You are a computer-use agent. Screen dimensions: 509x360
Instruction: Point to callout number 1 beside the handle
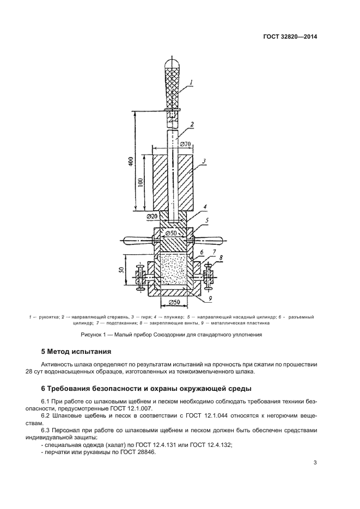[x=192, y=82]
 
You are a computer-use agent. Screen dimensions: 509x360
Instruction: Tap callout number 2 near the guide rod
[x=192, y=125]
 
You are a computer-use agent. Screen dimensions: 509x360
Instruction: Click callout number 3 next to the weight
[x=203, y=161]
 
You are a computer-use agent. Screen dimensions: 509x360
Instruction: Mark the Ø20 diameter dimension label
[x=153, y=217]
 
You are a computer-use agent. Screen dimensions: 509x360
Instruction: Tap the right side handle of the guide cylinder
[x=211, y=240]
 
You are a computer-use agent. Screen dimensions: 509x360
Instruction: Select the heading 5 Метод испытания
[x=76, y=352]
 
